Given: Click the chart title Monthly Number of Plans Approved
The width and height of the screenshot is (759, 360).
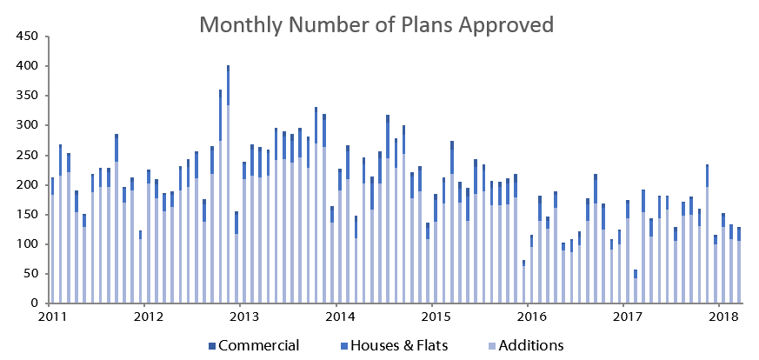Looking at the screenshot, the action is (x=376, y=24).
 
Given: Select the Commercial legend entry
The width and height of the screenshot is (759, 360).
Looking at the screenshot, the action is (x=254, y=346).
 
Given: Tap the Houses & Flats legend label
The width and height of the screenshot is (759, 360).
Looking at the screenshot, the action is (x=394, y=346).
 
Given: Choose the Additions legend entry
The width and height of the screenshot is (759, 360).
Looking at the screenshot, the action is (x=526, y=346).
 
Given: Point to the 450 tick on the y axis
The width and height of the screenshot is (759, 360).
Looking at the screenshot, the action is (x=27, y=37).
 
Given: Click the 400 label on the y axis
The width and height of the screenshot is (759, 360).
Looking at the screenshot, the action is (x=27, y=66).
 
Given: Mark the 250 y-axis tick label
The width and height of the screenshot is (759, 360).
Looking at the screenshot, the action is (x=27, y=156).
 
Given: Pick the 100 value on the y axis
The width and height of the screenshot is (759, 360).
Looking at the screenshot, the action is (x=27, y=244).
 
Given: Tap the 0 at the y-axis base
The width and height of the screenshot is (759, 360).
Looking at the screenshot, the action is (x=34, y=303).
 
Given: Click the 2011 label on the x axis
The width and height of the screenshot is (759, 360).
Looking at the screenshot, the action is (x=49, y=317).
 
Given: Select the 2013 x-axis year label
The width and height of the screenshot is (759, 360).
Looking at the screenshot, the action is (x=241, y=317).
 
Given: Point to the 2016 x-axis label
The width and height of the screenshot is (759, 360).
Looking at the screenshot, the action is (x=528, y=317).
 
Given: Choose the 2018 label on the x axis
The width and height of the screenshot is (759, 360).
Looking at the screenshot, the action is (x=719, y=317).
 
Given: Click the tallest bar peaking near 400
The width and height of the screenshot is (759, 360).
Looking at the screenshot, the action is (x=228, y=184).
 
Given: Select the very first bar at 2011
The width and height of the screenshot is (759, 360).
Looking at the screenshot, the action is (x=52, y=241).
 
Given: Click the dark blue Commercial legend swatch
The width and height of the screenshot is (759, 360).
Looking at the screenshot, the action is (x=211, y=346).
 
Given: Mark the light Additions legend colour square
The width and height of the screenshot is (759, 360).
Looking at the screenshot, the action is (x=491, y=346).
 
